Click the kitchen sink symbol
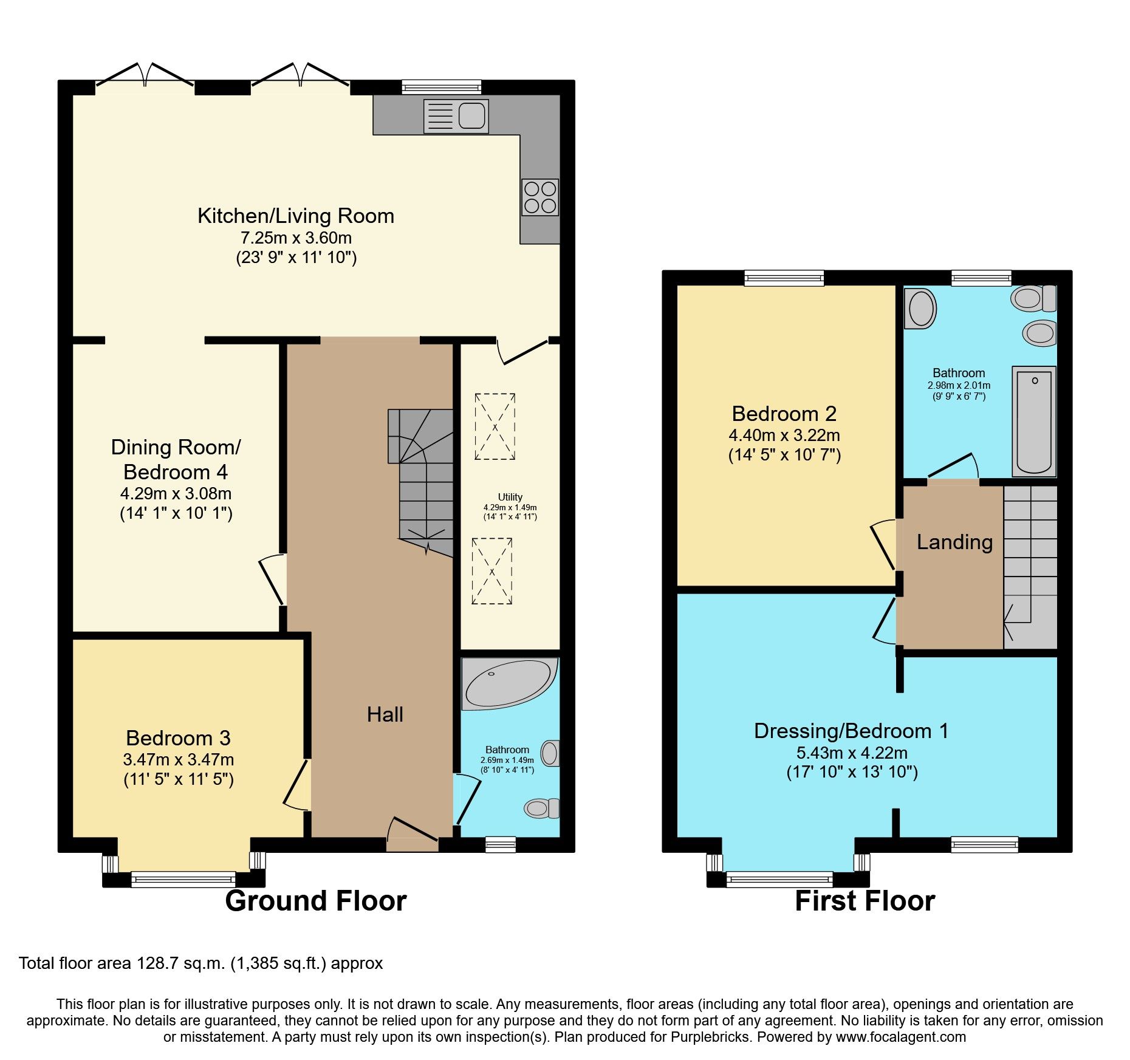[x=456, y=115]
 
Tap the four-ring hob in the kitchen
[x=540, y=197]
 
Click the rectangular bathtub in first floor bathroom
[x=1034, y=421]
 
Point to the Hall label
[x=385, y=714]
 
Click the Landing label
[x=954, y=542]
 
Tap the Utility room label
[x=510, y=497]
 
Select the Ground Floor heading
[x=315, y=901]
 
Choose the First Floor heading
[x=865, y=901]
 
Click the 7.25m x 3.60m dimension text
[x=296, y=238]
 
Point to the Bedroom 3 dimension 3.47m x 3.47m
[x=178, y=759]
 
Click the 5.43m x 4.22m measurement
[x=852, y=753]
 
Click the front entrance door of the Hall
[x=413, y=833]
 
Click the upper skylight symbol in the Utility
[x=495, y=426]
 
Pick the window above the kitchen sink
[x=441, y=87]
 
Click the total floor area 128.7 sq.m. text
[x=200, y=963]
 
